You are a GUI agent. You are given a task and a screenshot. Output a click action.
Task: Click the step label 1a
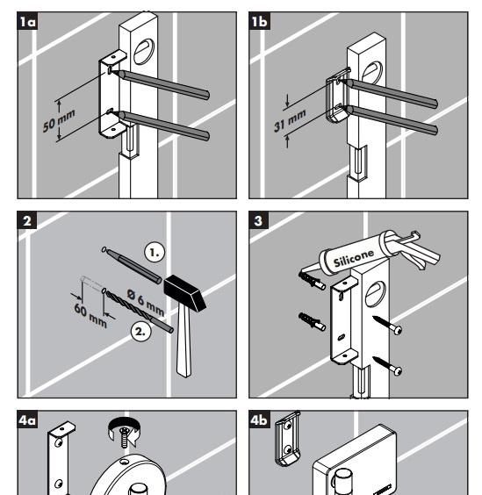(27, 21)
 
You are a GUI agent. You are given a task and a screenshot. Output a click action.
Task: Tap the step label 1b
(259, 21)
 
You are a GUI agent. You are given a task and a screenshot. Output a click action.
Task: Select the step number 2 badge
(27, 220)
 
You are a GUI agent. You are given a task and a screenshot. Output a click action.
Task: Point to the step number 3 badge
(259, 220)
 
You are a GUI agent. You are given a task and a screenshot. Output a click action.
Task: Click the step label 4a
(27, 420)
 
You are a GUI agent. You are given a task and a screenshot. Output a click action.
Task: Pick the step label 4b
(259, 420)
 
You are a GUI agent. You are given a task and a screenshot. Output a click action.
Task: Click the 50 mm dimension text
(59, 120)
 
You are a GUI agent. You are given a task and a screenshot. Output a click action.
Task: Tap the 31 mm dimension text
(290, 120)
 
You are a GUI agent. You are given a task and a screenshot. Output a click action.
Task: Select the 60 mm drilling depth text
(90, 315)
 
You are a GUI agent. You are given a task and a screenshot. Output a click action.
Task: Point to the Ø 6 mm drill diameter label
(146, 302)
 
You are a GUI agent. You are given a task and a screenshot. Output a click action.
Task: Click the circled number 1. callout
(155, 252)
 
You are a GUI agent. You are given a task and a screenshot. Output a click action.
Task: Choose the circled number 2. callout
(140, 332)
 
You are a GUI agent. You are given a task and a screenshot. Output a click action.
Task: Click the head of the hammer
(184, 293)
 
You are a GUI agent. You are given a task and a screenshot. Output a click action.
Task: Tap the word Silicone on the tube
(354, 258)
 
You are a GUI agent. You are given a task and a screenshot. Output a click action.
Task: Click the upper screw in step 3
(387, 325)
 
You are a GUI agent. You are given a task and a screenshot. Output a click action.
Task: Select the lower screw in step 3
(387, 366)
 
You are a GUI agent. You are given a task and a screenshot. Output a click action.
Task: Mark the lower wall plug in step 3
(312, 321)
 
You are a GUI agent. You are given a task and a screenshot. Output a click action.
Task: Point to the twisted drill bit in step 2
(139, 311)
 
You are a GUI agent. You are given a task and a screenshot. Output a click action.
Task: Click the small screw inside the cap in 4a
(125, 436)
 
